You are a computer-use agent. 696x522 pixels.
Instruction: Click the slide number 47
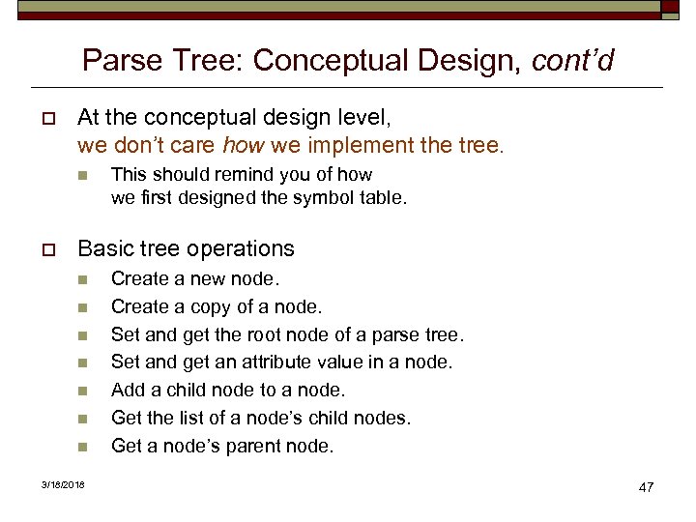646,486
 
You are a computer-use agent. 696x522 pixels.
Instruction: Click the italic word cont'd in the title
572,61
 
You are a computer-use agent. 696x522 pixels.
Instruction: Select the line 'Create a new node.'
195,278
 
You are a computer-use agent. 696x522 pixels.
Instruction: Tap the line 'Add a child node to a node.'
228,390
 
